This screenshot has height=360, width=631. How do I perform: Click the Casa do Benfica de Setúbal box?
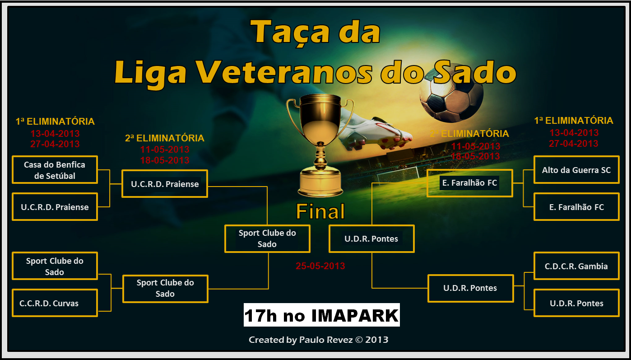[x=55, y=170]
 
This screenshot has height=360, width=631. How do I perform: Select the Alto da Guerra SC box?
[x=576, y=170]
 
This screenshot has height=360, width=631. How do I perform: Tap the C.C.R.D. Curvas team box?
[x=55, y=303]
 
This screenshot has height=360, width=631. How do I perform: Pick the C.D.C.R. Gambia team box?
[x=576, y=266]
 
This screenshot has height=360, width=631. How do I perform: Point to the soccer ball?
[x=451, y=97]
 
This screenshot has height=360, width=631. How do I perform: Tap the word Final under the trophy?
[x=320, y=211]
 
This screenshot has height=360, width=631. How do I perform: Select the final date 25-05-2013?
[x=320, y=266]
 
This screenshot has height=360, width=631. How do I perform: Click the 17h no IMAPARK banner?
[x=322, y=315]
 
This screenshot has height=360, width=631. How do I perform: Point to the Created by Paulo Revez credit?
[x=318, y=340]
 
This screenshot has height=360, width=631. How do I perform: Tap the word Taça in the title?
[x=290, y=34]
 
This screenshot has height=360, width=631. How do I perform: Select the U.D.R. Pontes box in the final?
[x=371, y=238]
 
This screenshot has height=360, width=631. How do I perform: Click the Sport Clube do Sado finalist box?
[x=267, y=238]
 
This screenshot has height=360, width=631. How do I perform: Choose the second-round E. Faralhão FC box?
[x=469, y=183]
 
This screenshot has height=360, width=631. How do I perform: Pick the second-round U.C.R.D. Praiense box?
[x=165, y=183]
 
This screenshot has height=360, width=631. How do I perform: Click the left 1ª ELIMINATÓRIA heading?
[x=55, y=122]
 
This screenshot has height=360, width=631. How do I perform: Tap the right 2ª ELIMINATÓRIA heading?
[x=469, y=134]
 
